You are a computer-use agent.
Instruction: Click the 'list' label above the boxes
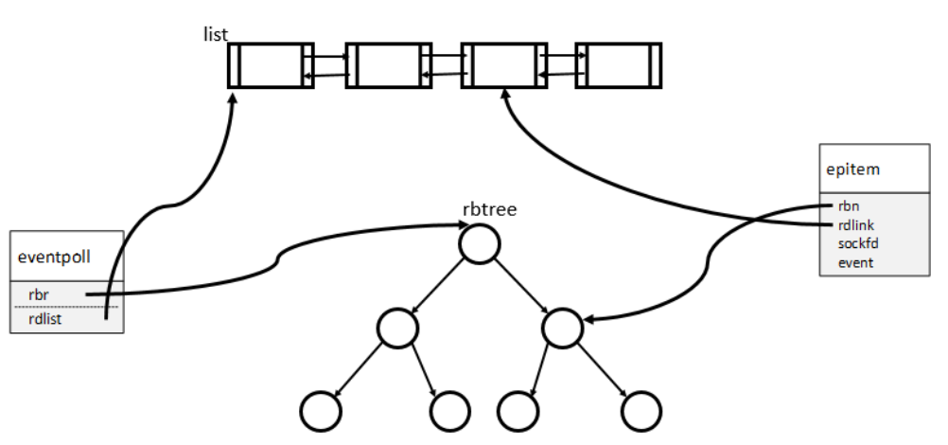click(x=216, y=35)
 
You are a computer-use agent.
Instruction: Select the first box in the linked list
click(x=271, y=65)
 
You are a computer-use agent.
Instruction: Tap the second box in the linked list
click(x=388, y=65)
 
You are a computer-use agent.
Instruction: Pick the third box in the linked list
click(x=503, y=65)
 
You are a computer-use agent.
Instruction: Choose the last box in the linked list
click(x=619, y=65)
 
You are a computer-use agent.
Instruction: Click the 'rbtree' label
click(x=489, y=209)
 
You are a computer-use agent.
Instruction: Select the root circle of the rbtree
click(x=480, y=245)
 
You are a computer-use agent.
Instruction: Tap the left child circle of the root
click(x=397, y=328)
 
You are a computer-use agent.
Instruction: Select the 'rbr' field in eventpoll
click(x=39, y=294)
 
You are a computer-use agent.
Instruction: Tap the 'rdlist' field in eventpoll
click(x=45, y=319)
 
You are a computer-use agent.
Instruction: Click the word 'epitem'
click(x=851, y=171)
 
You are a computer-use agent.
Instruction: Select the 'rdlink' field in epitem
click(x=854, y=225)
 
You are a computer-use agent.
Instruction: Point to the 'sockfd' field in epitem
click(x=856, y=243)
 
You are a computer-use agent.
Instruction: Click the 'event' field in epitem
click(x=854, y=262)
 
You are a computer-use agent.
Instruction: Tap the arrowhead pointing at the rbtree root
click(x=453, y=225)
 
